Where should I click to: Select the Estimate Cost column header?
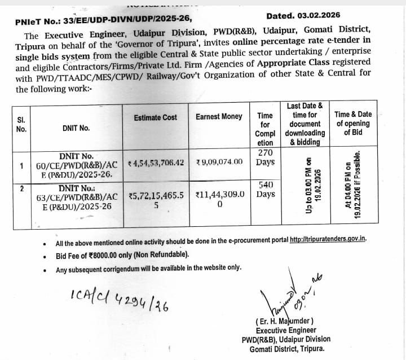pyautogui.click(x=155, y=117)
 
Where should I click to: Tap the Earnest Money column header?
pyautogui.click(x=219, y=117)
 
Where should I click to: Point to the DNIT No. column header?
pyautogui.click(x=76, y=128)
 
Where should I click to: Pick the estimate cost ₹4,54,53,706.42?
pyautogui.click(x=156, y=163)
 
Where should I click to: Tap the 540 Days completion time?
pyautogui.click(x=265, y=190)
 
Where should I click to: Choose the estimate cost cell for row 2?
pyautogui.click(x=156, y=200)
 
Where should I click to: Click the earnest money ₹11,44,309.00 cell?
pyautogui.click(x=220, y=200)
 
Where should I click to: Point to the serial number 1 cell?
pyautogui.click(x=21, y=166)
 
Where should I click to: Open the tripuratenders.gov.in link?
pyautogui.click(x=328, y=240)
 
